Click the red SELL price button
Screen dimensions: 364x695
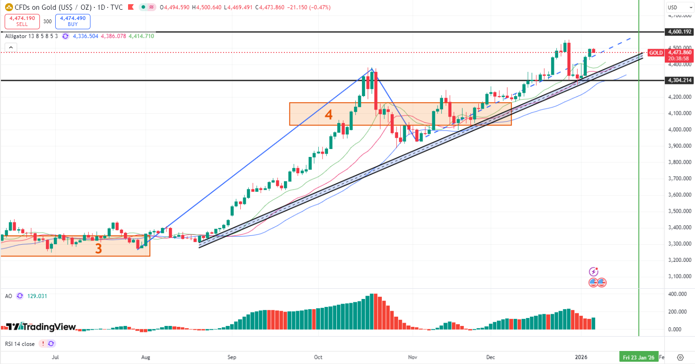[x=22, y=21]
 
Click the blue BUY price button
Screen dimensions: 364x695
[x=72, y=21]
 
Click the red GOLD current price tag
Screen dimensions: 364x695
[x=656, y=53]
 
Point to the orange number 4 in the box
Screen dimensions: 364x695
[x=328, y=115]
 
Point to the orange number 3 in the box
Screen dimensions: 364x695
[x=98, y=249]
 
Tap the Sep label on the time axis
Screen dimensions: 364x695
[x=232, y=357]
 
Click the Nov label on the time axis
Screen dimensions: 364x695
[x=412, y=357]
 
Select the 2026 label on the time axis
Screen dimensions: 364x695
[x=581, y=357]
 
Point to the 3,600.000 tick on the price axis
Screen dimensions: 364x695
[x=679, y=195]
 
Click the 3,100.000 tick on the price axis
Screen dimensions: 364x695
[x=679, y=276]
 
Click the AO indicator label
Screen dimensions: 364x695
[x=8, y=296]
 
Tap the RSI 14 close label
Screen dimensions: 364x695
[x=20, y=344]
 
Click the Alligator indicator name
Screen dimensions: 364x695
[x=17, y=36]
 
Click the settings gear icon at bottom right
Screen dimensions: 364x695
[x=680, y=357]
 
